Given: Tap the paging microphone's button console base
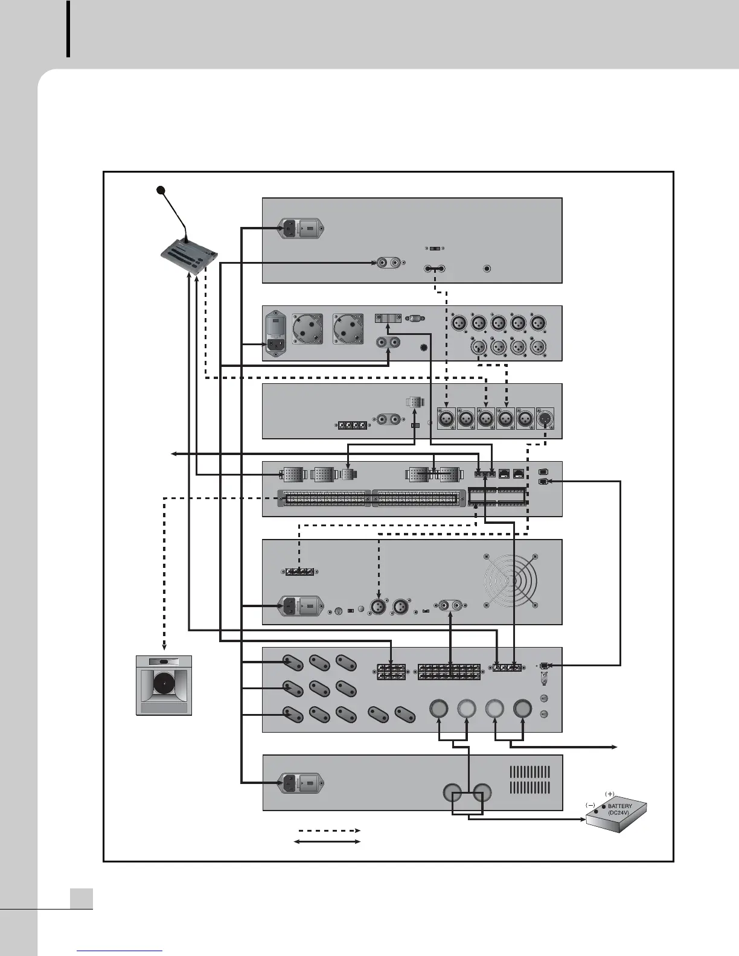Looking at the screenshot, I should point(188,258).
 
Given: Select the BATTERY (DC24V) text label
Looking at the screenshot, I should point(621,809).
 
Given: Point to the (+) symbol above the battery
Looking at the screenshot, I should point(609,793).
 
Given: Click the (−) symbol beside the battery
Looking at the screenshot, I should point(590,805).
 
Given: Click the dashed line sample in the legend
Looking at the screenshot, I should point(326,830).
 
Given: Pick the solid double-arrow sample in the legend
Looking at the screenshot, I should point(326,842).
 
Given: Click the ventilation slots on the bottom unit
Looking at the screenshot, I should point(529,780).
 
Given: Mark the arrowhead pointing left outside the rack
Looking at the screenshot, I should point(173,453).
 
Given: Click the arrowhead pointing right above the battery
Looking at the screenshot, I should point(615,747).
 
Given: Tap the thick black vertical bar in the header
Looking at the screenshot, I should point(68,29).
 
